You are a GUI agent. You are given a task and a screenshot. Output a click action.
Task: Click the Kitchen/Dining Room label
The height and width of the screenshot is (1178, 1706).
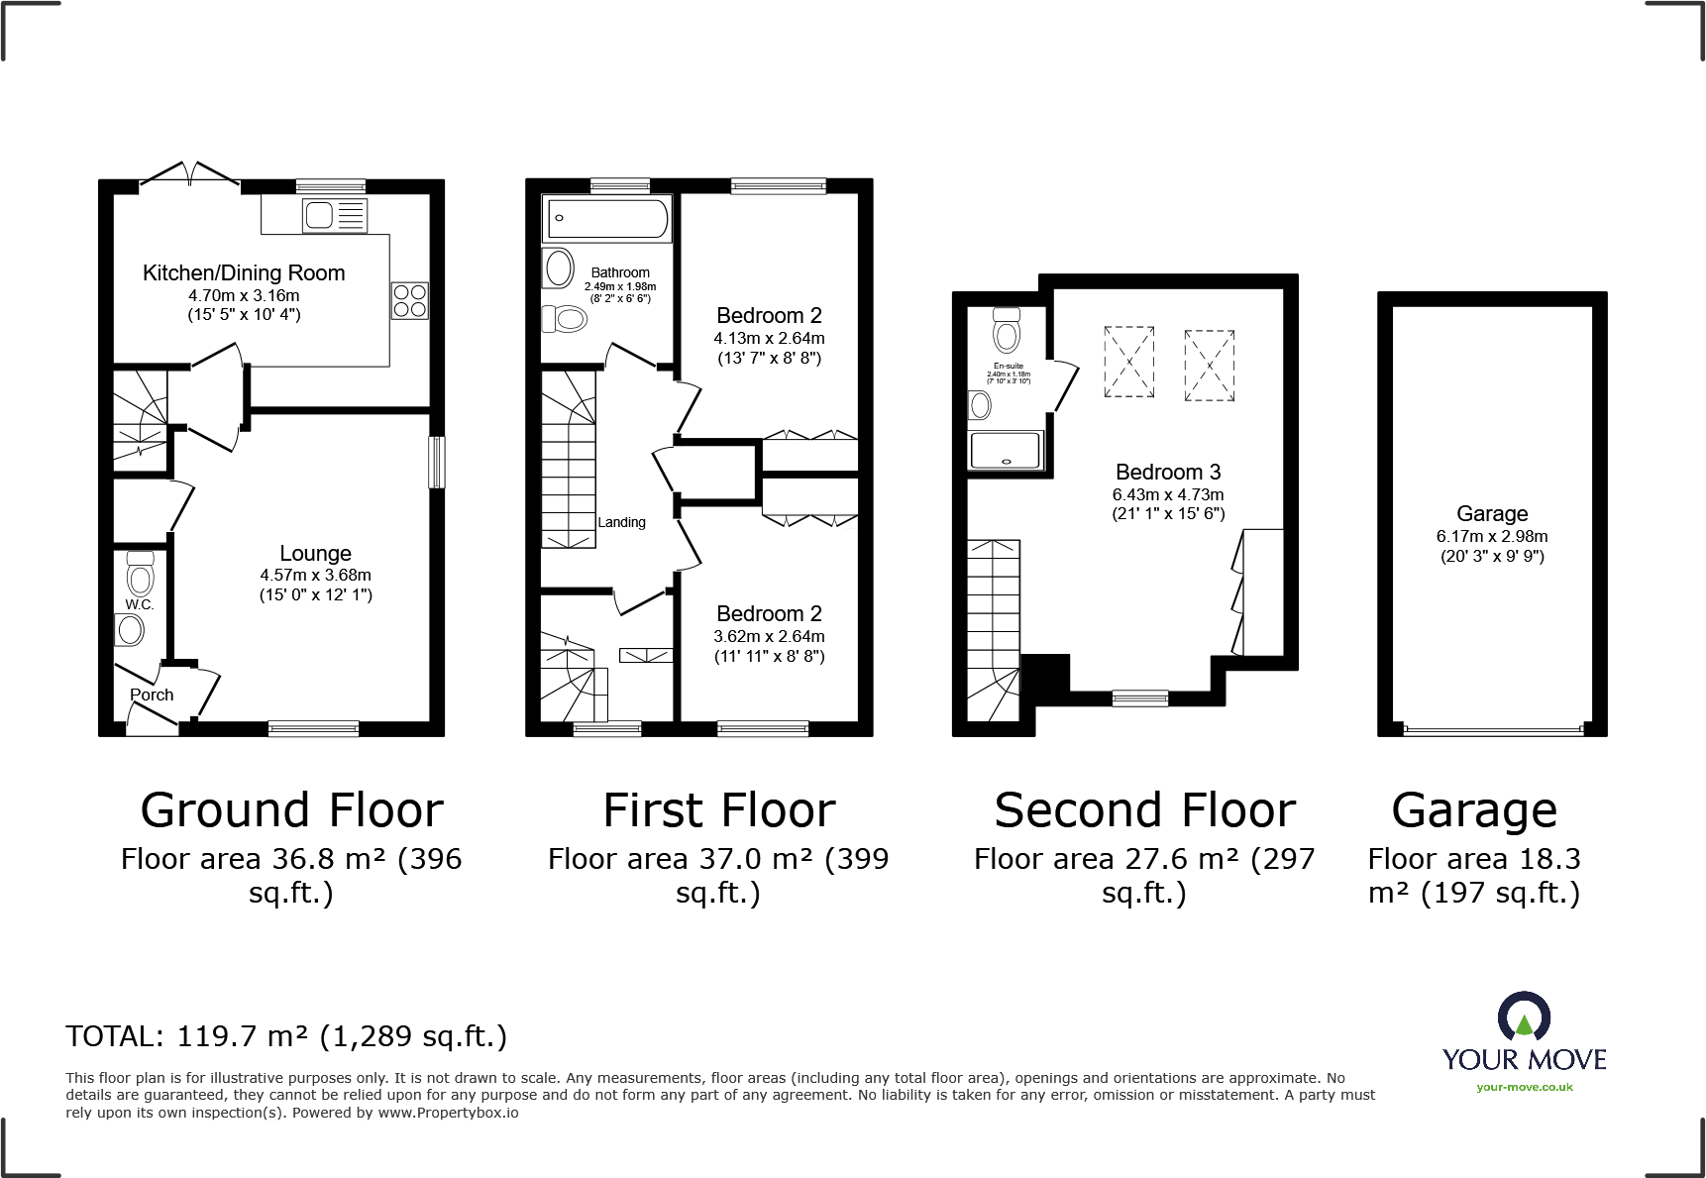coord(244,273)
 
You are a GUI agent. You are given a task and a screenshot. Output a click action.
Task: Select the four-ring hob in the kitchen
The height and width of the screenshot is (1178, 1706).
coord(409,300)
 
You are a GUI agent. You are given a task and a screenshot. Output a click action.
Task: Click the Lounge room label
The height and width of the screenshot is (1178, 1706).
coord(315,554)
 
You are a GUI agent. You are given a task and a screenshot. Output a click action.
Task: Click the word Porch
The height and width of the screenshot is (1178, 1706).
coord(152,696)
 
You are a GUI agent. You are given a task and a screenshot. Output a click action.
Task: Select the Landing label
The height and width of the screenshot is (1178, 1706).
coord(621,522)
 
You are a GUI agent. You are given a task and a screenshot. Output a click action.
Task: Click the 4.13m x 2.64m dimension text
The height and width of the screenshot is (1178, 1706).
coord(769,339)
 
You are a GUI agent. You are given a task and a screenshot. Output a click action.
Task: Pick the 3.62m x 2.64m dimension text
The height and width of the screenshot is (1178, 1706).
coord(769,637)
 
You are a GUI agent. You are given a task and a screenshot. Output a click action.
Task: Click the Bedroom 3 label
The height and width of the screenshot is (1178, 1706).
coord(1168,473)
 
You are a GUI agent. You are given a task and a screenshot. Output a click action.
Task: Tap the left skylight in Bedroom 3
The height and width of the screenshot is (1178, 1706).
coord(1129,363)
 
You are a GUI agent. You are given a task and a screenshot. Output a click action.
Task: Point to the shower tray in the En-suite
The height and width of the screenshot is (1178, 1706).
coord(1007,450)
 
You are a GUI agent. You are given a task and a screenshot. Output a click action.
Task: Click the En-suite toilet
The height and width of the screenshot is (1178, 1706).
coord(1007,331)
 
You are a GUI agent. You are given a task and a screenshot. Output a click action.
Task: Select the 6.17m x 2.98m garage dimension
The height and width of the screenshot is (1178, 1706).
coord(1492,537)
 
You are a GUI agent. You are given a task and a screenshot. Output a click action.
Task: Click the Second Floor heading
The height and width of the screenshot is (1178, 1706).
coord(1144,811)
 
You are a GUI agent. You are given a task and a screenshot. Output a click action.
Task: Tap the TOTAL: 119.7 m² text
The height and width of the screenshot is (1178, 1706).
coord(286,1036)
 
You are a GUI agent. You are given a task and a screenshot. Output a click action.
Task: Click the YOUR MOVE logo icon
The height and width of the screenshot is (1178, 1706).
coord(1524,1018)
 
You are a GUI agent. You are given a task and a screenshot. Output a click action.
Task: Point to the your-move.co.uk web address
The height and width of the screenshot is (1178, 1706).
coord(1524,1087)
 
